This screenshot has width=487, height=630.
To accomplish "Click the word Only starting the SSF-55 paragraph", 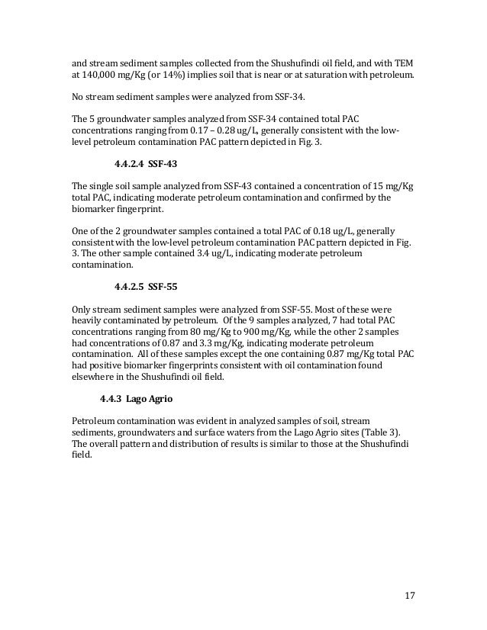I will pos(82,310).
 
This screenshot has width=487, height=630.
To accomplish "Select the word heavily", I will pos(88,324).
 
